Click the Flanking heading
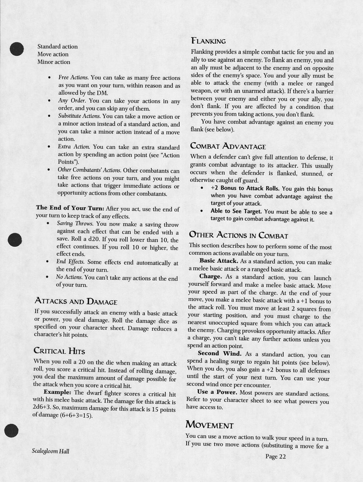tap(208, 41)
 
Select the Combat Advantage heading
tap(228, 146)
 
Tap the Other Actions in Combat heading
tap(238, 235)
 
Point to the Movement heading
tap(209, 425)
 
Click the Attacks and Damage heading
tap(76, 302)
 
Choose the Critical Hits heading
tap(59, 350)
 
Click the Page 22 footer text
tap(275, 457)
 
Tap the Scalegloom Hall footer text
tap(50, 451)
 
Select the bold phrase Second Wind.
tap(219, 354)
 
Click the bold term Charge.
tap(211, 277)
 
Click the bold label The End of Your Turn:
tap(70, 208)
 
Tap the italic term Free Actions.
tap(73, 78)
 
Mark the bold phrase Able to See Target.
tap(236, 211)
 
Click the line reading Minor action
tap(54, 62)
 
